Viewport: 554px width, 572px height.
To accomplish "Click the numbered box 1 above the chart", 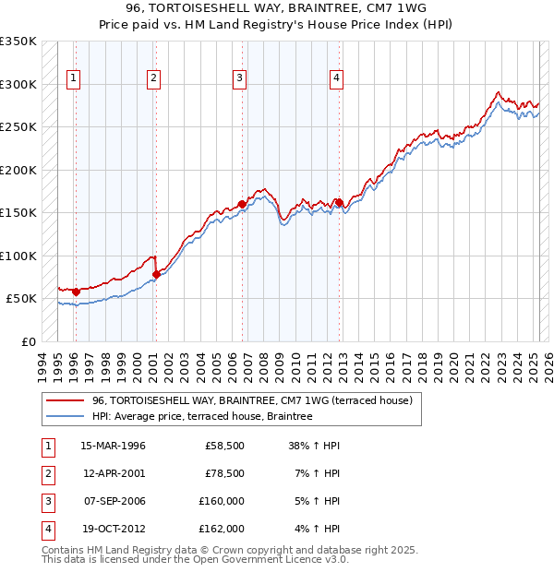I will [72, 78].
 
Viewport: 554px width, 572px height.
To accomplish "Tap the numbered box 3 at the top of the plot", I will [239, 78].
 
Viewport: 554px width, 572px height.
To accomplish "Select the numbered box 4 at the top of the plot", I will [337, 78].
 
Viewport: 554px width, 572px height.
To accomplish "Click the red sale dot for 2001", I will [156, 274].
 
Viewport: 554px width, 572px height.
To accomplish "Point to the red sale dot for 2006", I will [242, 204].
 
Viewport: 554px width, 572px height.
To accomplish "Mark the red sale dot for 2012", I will [339, 202].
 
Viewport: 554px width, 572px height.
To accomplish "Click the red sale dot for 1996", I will [76, 292].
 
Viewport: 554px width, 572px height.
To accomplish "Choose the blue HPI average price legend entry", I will [202, 416].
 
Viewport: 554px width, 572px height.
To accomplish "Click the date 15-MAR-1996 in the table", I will [114, 446].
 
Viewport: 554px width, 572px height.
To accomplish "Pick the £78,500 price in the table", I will [224, 473].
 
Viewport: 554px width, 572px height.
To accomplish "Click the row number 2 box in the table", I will [46, 473].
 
